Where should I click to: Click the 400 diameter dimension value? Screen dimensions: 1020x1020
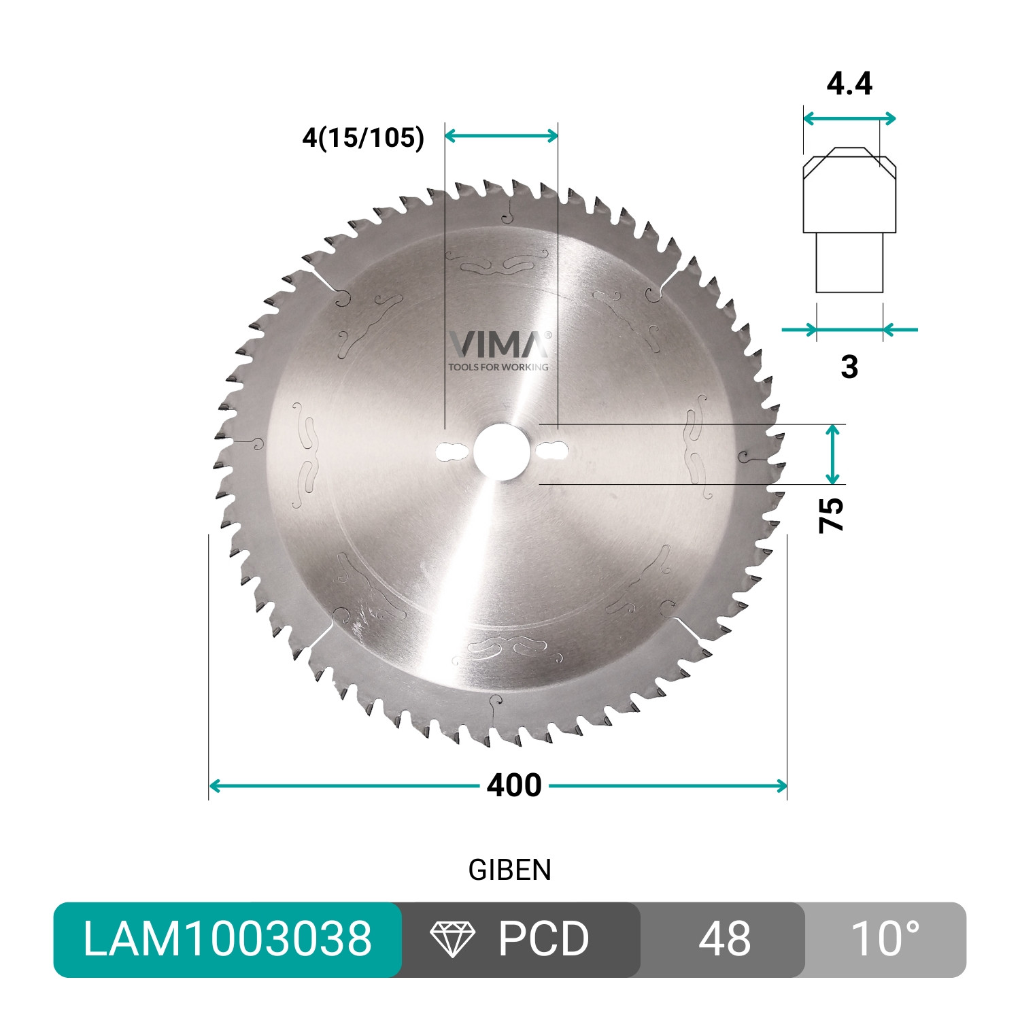coord(514,785)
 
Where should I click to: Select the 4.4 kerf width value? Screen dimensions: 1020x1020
coord(849,84)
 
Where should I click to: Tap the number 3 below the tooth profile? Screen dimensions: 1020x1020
coord(849,367)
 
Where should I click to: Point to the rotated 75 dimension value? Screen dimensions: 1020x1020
coord(831,515)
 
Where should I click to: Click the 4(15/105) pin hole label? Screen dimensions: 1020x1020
coord(363,138)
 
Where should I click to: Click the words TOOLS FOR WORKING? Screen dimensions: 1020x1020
coord(498,367)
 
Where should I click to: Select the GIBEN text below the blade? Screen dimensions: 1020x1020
coord(509,870)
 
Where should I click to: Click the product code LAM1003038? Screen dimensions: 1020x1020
coord(227,939)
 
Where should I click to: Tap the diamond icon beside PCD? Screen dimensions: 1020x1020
coord(452,939)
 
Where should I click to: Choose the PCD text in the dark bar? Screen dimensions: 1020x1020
coord(543,939)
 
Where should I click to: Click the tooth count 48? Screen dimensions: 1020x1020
coord(724,939)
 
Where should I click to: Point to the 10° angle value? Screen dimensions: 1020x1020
coord(885,939)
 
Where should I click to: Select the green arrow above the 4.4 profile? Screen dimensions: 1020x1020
coord(849,119)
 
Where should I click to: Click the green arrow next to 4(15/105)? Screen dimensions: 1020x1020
coord(501,136)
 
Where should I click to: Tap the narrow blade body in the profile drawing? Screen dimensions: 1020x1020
coord(849,262)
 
